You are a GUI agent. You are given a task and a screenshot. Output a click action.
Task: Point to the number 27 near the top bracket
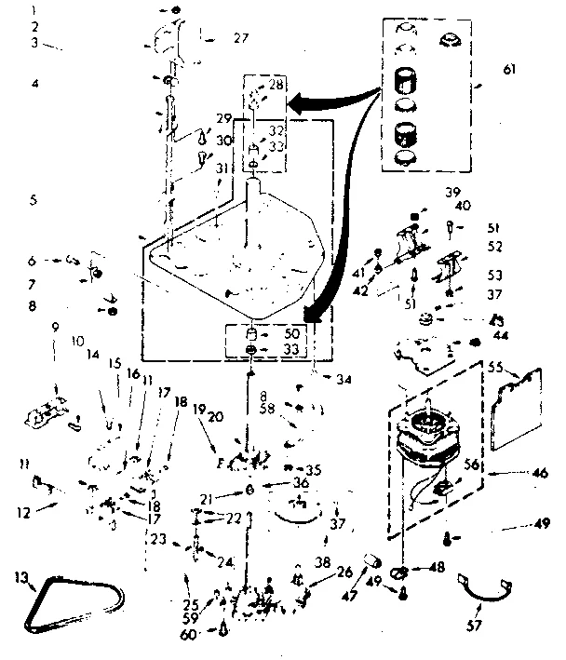(x=241, y=38)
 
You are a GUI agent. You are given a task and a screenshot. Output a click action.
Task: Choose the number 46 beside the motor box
(x=539, y=475)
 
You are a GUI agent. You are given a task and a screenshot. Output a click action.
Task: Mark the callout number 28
(x=276, y=85)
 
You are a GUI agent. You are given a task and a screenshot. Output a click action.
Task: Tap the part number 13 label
(x=21, y=578)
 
